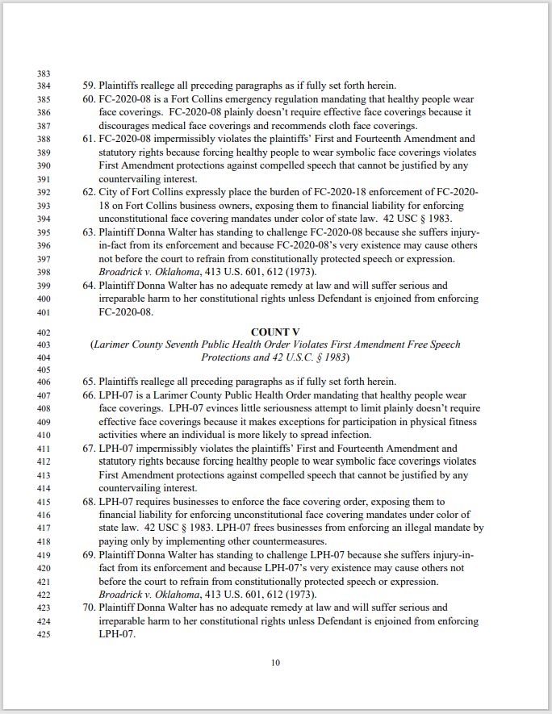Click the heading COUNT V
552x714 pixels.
275,332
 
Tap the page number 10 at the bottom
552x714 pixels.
275,662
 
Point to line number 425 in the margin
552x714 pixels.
44,634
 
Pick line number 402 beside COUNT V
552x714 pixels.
44,332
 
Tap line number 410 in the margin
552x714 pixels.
44,436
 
